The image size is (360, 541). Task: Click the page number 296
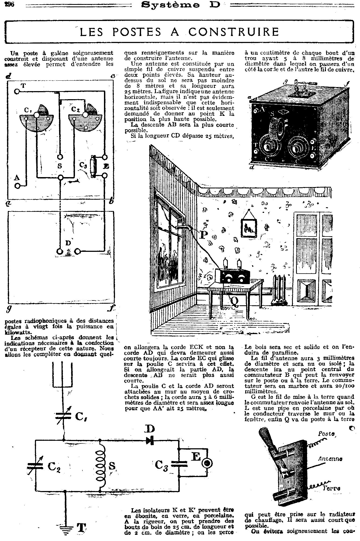10,5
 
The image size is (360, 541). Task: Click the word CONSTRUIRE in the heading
233,32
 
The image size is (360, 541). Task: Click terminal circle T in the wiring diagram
17,92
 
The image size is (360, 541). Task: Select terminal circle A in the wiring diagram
18,186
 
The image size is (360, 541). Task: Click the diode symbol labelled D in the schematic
150,440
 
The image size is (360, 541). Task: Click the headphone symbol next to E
207,463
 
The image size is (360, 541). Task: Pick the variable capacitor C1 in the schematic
64,416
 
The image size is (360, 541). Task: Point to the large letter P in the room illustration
204,235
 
